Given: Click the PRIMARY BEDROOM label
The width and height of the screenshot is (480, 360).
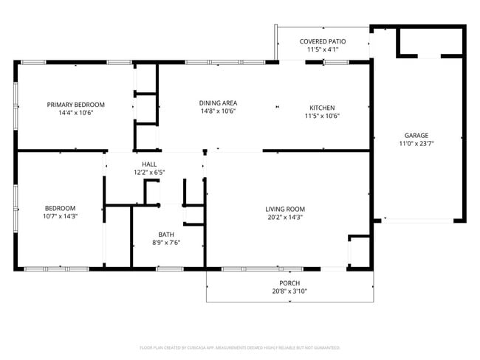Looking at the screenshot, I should [x=75, y=105].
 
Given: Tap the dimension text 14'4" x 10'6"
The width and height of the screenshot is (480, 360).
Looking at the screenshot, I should [x=75, y=114].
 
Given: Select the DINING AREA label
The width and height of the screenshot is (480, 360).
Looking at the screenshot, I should [x=218, y=103].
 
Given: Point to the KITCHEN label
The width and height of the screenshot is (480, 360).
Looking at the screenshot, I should [x=322, y=107].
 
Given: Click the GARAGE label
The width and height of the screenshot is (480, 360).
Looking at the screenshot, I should [x=416, y=135].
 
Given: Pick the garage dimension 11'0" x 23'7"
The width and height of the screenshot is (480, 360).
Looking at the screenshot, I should [x=416, y=145].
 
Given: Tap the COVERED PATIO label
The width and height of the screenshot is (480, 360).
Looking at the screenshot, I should [x=322, y=41].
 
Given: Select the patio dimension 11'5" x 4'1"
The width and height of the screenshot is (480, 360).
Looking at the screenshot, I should [x=322, y=50].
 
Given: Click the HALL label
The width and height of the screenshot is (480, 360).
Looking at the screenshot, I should [x=148, y=164].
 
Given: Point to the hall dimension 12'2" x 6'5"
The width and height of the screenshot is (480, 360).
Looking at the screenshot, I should [x=148, y=173].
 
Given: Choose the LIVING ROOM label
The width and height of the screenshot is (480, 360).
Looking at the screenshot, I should [x=285, y=209].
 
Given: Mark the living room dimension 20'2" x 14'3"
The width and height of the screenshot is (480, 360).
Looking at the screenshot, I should [x=285, y=218].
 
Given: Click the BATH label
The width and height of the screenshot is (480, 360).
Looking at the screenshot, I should [x=166, y=234].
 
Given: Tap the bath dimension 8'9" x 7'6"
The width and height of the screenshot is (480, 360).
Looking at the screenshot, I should [x=166, y=243].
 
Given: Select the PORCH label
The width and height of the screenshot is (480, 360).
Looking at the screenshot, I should [x=289, y=283].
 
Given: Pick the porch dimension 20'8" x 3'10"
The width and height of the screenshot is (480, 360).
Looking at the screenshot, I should [x=289, y=291].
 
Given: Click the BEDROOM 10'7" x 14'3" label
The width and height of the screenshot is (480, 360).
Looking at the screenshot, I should [x=60, y=208].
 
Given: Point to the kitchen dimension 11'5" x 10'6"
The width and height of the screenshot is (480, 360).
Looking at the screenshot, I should [x=322, y=116].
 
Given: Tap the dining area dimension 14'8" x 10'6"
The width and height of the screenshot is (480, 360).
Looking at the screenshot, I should [x=218, y=111].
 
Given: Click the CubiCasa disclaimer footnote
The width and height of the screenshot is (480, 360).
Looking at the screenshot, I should [x=239, y=347].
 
